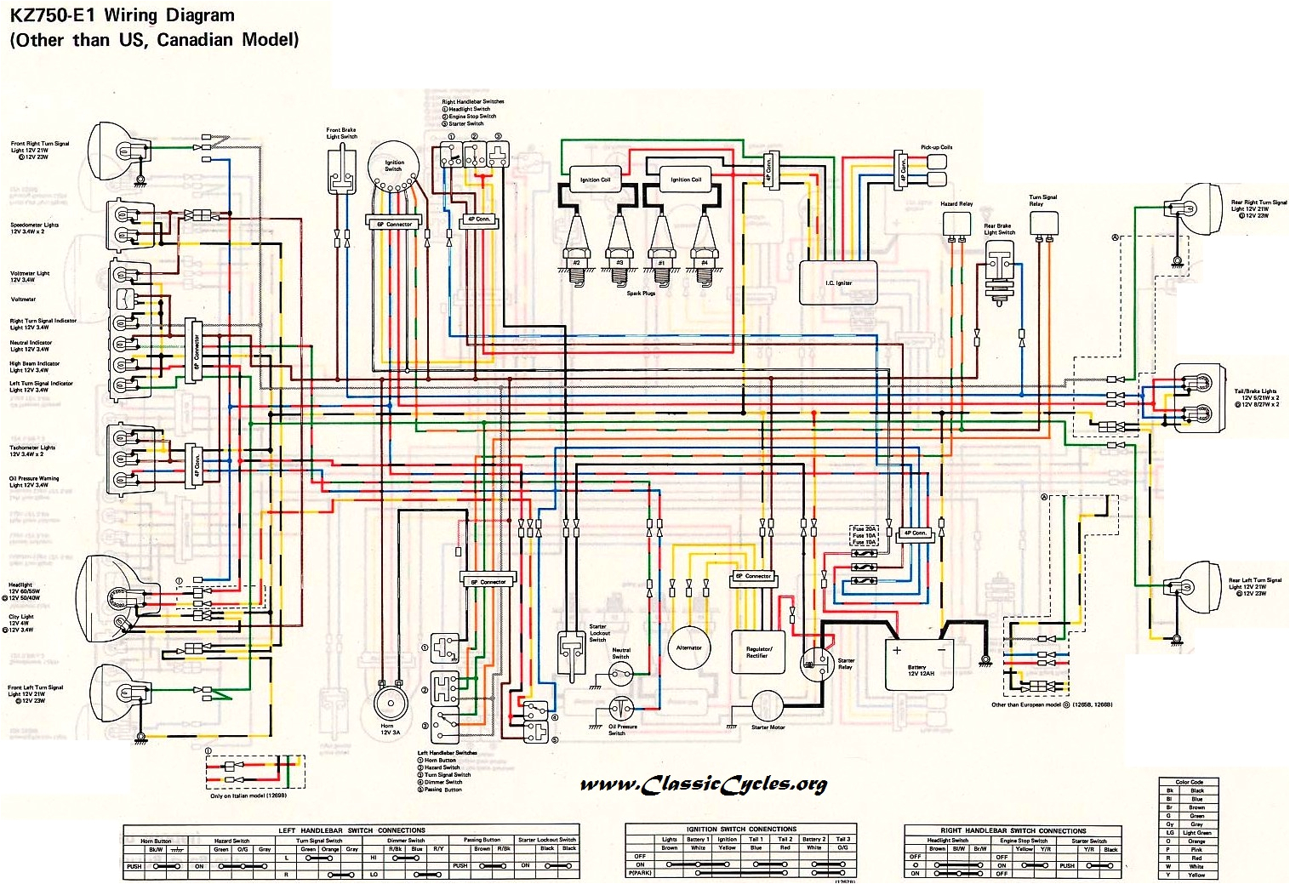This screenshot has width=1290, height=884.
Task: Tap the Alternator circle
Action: (x=688, y=648)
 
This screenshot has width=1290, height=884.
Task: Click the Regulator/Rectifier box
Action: (x=757, y=653)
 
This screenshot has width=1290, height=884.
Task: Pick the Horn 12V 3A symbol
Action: (x=391, y=705)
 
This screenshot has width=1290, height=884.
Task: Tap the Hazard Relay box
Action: (x=956, y=223)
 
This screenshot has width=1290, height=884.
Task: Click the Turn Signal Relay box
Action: (x=1042, y=223)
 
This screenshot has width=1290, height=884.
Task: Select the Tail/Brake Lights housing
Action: (x=1199, y=397)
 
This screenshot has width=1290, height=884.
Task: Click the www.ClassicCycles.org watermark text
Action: (x=703, y=784)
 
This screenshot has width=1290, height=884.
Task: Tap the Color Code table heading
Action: (x=1189, y=781)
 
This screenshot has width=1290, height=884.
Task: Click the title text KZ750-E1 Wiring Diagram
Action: (x=122, y=15)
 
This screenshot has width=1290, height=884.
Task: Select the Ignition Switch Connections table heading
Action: (x=741, y=828)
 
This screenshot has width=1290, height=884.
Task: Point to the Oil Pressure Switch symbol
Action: (x=621, y=708)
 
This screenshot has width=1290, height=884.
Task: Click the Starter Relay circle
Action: (x=817, y=662)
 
